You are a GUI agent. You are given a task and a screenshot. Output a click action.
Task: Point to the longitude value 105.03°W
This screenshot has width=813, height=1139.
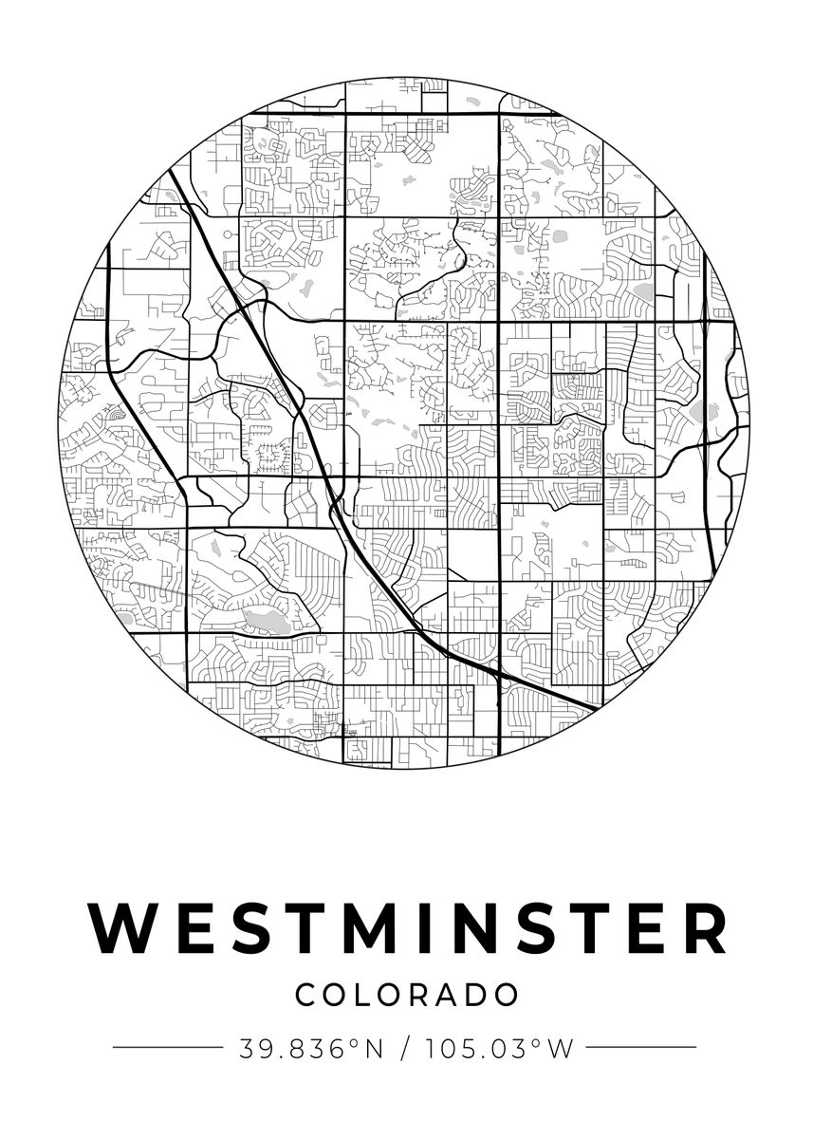tap(501, 1048)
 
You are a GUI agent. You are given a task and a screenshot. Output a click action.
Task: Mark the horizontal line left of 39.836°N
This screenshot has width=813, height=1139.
tap(167, 1048)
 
